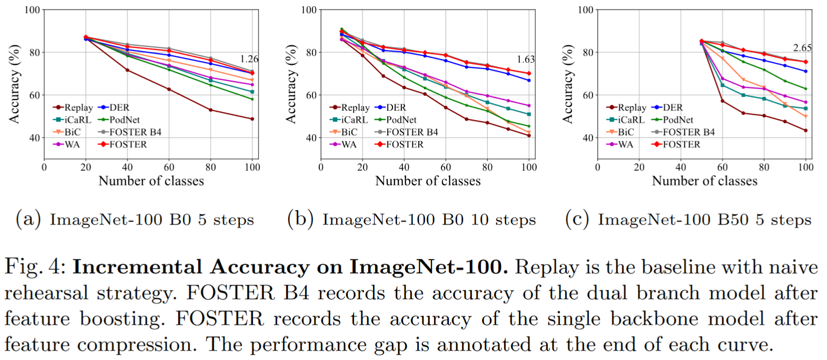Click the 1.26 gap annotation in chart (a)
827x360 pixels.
click(x=249, y=59)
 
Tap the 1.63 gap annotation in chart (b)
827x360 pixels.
click(x=526, y=59)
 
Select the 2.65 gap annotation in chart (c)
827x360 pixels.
click(x=802, y=48)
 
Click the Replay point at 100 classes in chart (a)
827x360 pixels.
click(x=253, y=119)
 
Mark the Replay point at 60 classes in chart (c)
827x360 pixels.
click(x=722, y=101)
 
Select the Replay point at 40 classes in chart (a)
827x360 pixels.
click(x=127, y=70)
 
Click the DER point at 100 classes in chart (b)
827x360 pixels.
click(x=529, y=80)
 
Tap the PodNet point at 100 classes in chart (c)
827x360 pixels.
click(x=805, y=89)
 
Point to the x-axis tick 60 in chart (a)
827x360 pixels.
click(x=169, y=167)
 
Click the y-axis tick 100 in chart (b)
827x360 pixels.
click(x=309, y=9)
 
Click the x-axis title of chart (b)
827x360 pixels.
click(x=428, y=181)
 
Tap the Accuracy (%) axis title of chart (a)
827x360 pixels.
click(x=14, y=84)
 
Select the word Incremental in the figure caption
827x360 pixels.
click(x=137, y=267)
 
